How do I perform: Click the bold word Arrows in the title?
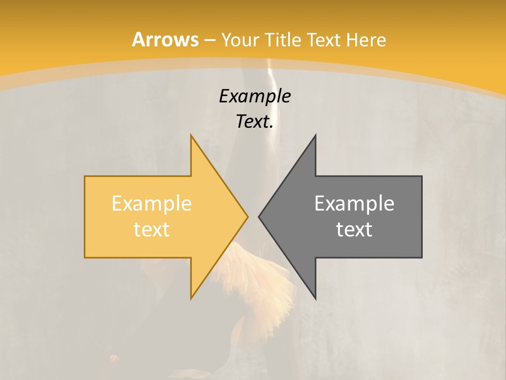[x=166, y=40]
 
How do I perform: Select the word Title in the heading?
[x=283, y=40]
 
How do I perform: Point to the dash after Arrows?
[x=210, y=40]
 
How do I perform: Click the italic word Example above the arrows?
[x=255, y=96]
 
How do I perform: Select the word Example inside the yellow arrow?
[x=152, y=204]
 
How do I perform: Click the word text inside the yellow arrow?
[x=152, y=230]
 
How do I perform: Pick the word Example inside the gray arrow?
[x=354, y=204]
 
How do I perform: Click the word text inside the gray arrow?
[x=354, y=230]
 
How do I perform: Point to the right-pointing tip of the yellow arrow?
[x=247, y=216]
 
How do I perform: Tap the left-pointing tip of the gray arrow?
[x=259, y=216]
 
